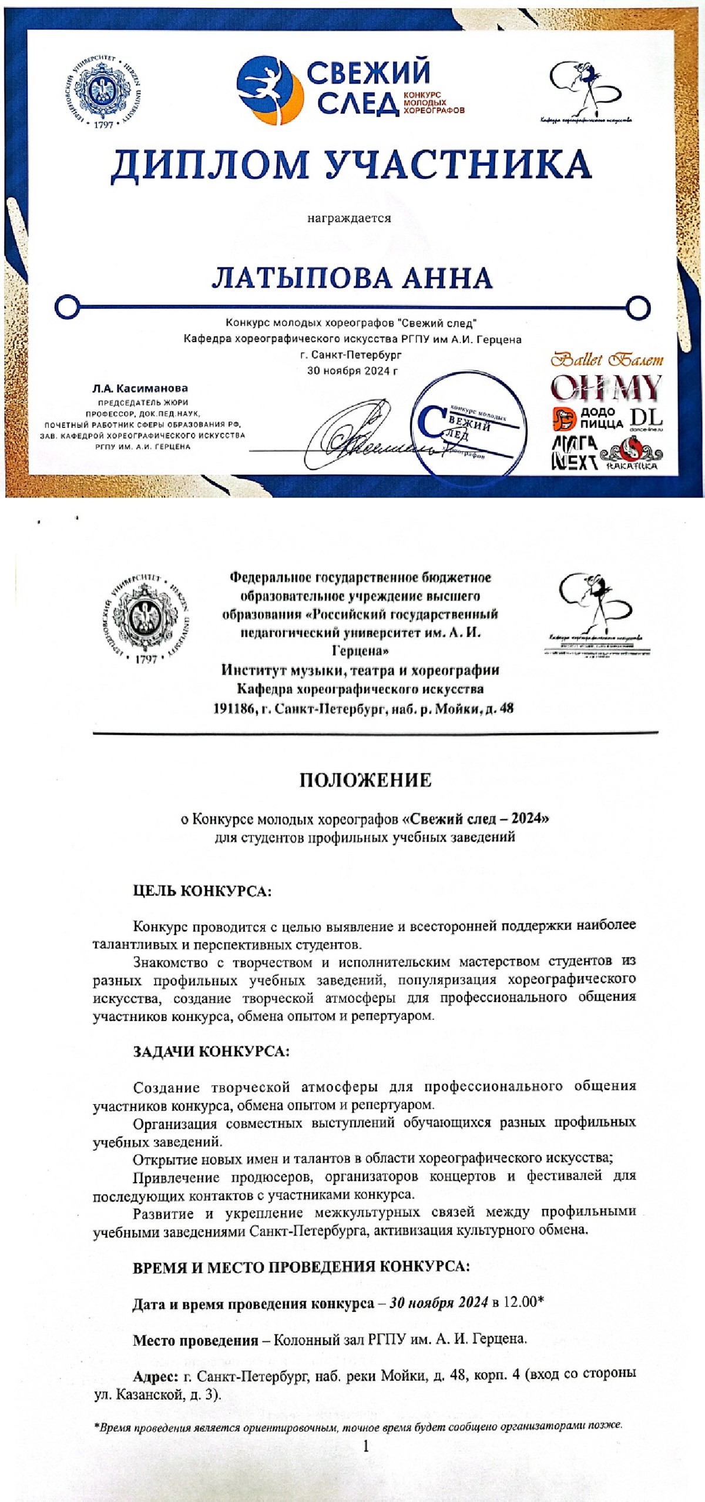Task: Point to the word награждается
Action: coord(349,219)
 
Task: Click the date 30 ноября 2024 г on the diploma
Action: coord(352,371)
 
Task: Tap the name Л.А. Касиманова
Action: coord(140,388)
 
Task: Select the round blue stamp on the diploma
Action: coord(468,429)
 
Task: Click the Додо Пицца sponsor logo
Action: coord(588,419)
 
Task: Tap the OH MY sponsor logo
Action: coord(606,389)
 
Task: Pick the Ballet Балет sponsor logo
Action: coord(607,359)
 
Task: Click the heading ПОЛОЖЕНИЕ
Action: coord(365,780)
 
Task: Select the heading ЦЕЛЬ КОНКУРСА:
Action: coord(202,891)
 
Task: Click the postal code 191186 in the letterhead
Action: coord(234,708)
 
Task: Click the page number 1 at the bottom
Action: coord(365,1446)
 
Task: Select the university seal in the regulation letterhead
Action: coord(146,618)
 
